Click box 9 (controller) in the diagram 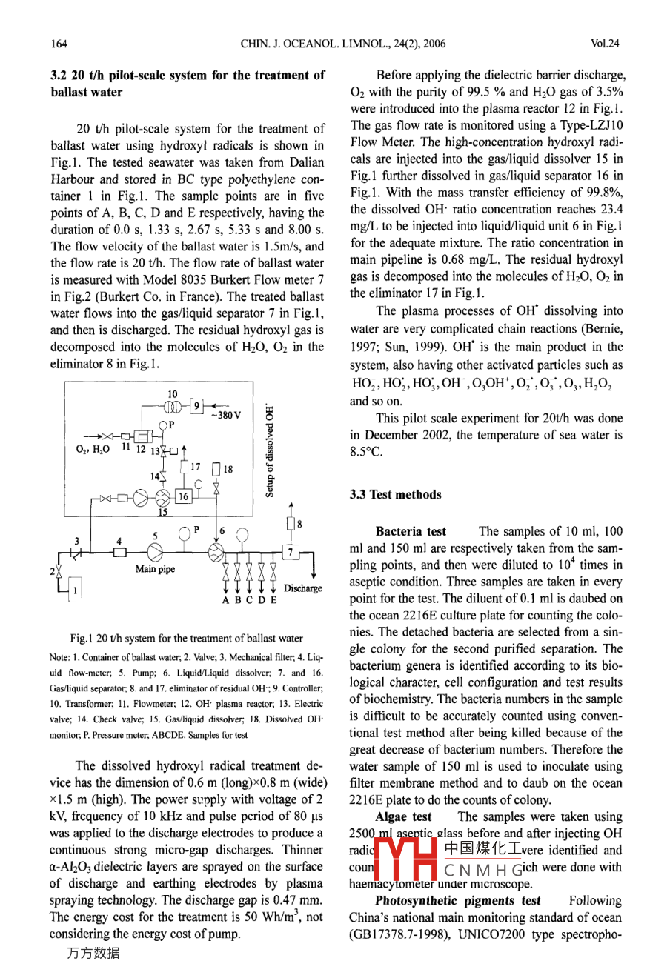(196, 405)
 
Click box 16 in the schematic (182, 496)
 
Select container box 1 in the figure (74, 590)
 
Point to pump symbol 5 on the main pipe (155, 551)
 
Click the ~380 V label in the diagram (225, 415)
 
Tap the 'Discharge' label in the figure (302, 588)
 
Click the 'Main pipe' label (156, 569)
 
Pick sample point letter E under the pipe (273, 600)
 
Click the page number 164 (59, 44)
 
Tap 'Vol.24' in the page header (606, 44)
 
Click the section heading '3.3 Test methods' (395, 495)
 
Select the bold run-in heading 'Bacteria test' (411, 531)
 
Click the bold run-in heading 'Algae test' (403, 816)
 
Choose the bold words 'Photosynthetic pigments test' (457, 901)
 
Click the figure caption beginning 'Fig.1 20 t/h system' (186, 638)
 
